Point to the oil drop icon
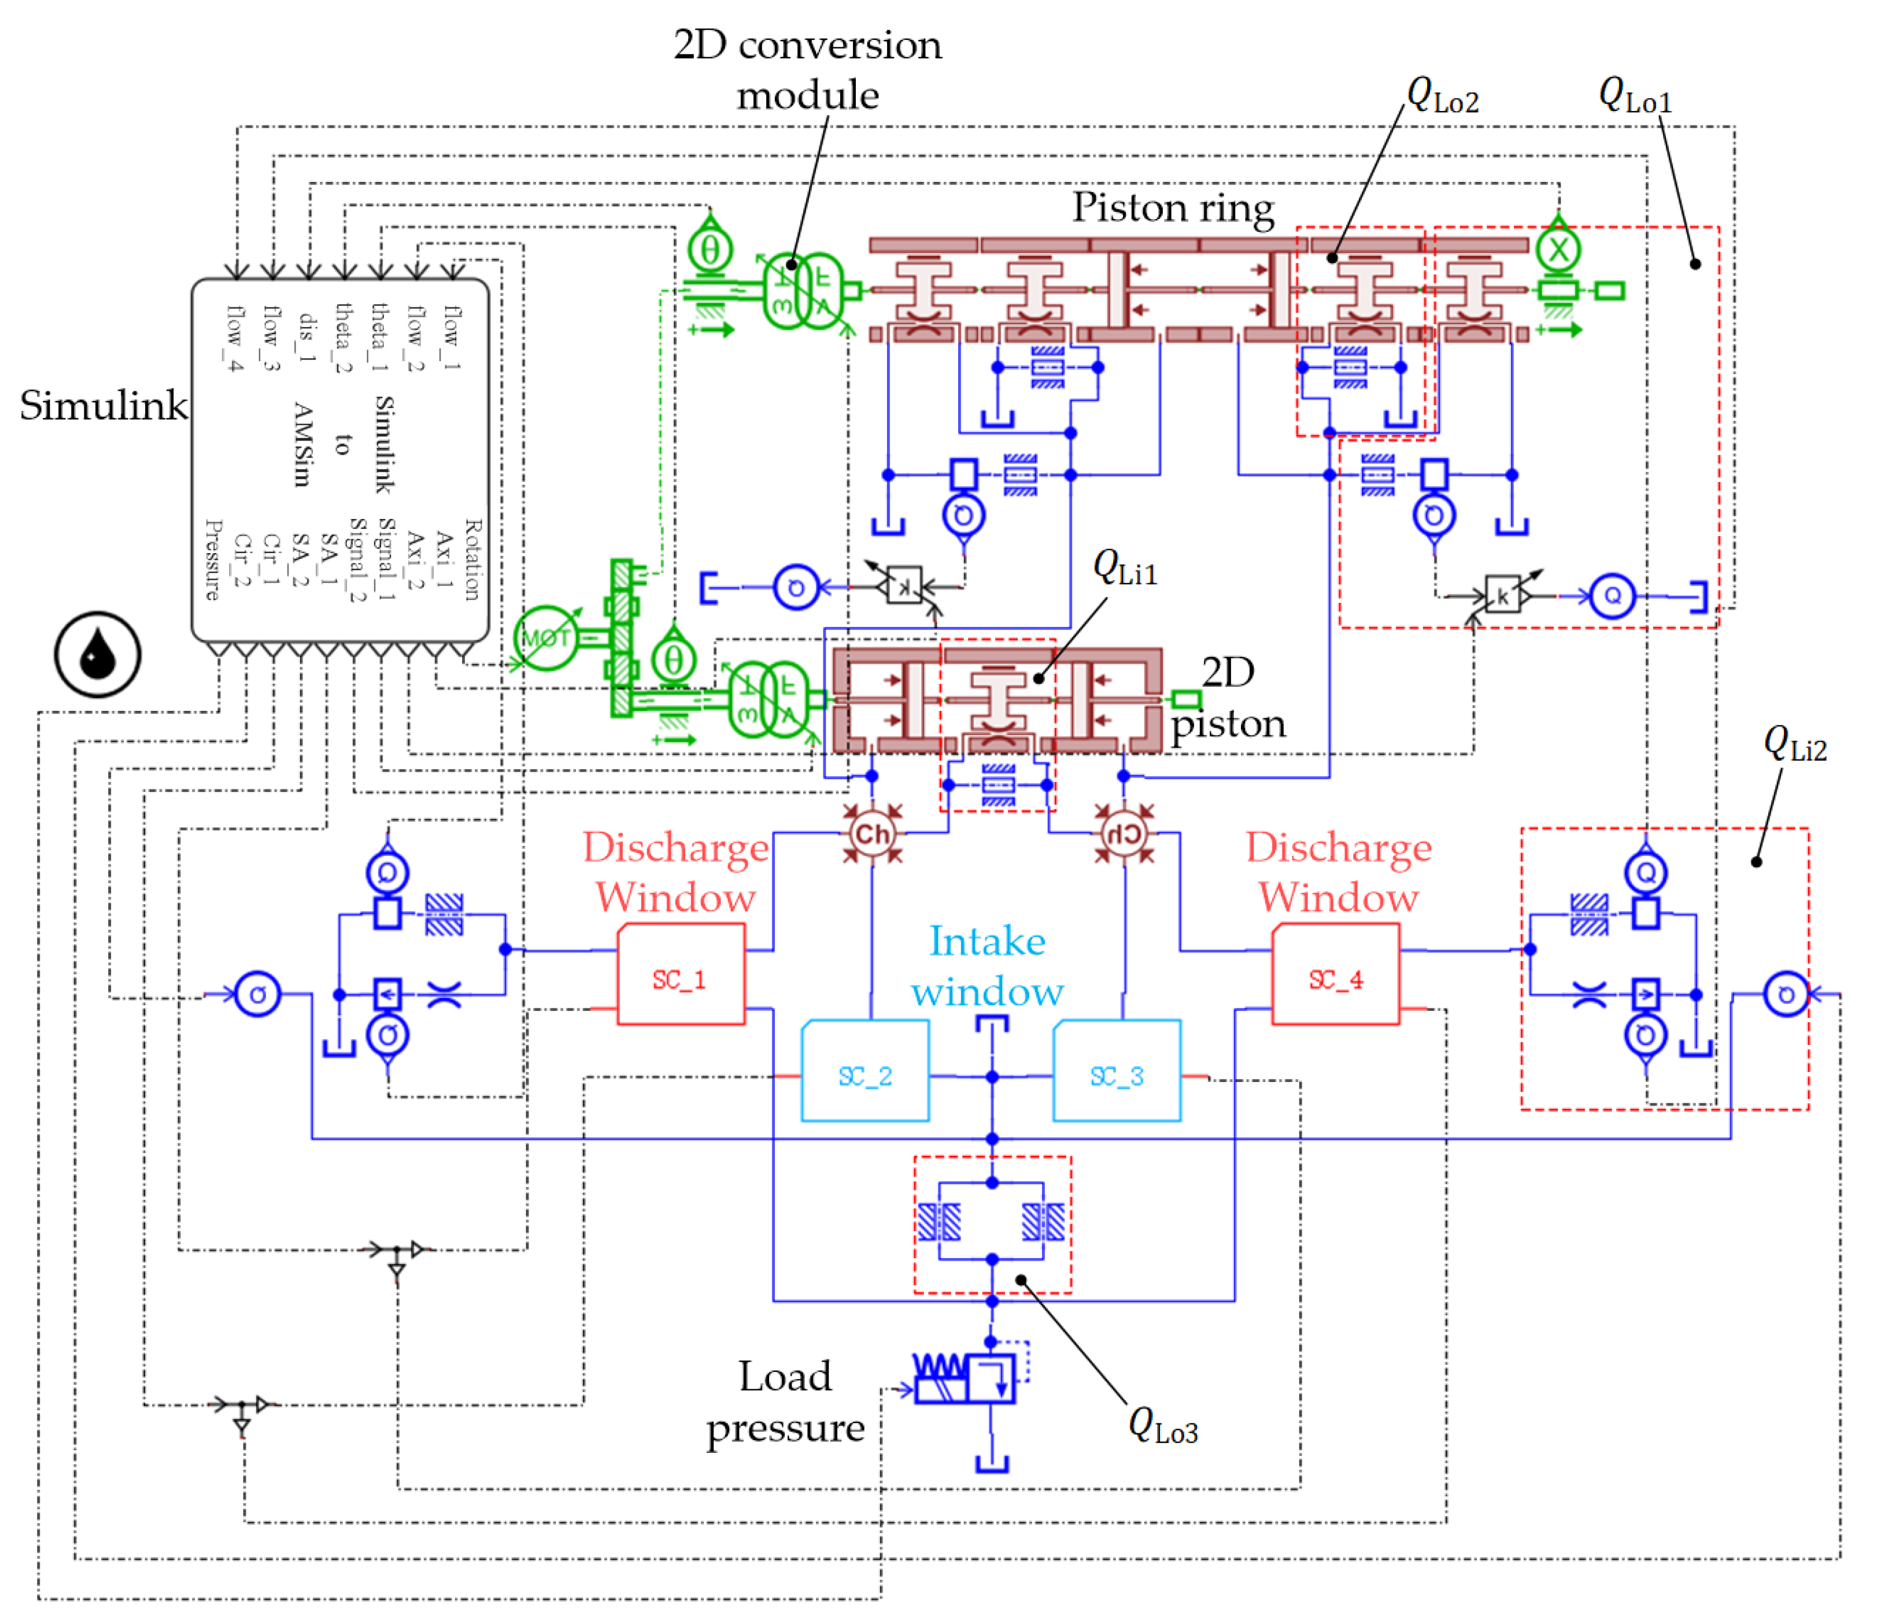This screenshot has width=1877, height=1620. pos(97,654)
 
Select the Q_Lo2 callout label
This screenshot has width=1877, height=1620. pos(1442,95)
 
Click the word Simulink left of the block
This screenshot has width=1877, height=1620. pos(104,405)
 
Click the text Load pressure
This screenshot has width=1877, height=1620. pos(785,1402)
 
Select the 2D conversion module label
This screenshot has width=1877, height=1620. pos(807,70)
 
